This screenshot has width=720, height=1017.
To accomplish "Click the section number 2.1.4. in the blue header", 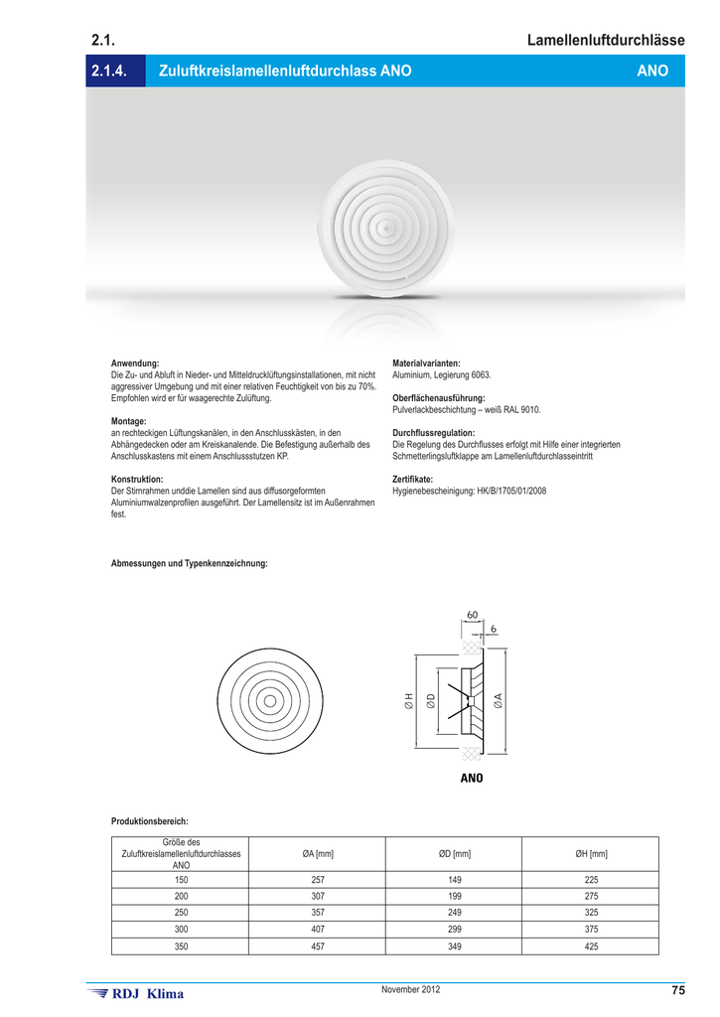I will pos(111,72).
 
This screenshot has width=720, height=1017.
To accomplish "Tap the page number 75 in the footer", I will pos(678,990).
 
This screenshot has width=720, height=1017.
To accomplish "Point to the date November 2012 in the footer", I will pos(410,989).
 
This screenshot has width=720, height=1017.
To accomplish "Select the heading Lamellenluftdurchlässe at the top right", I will pos(606,41).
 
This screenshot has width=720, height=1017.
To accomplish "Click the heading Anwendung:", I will pos(135,363).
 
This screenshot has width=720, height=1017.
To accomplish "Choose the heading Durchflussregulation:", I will pos(434,433).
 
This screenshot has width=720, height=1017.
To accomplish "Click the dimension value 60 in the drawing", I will pos(471,615).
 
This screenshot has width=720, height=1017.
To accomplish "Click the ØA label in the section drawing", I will pos(498,701).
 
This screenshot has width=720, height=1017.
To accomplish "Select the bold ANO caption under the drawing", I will pos(471,778).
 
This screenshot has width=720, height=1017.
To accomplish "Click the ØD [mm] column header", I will pos(455,854).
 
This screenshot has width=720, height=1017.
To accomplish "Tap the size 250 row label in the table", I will pos(181,912).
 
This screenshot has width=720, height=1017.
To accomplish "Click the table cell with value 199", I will pos(455,895).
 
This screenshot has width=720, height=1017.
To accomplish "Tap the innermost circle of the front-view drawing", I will pos(267,701).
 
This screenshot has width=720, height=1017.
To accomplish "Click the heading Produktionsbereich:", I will pos(150,821).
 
